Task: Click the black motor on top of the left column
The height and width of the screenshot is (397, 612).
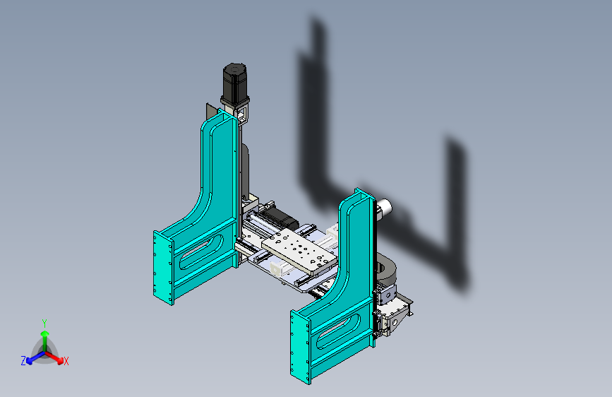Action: (234, 83)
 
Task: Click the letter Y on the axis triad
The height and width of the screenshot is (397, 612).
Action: (44, 323)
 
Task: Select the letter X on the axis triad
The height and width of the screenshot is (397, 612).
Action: (66, 362)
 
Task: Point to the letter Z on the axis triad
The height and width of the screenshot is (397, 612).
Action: (23, 361)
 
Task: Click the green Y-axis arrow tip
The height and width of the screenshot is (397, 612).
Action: (45, 333)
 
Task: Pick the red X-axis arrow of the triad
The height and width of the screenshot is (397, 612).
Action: (54, 357)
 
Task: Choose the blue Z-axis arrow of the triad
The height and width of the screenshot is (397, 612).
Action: (36, 357)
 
